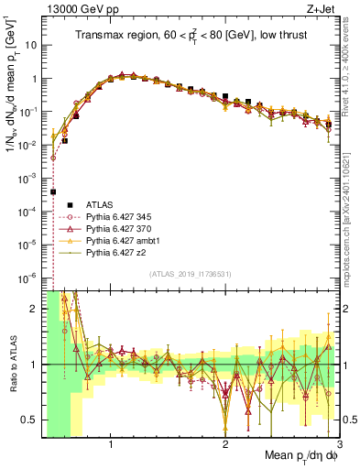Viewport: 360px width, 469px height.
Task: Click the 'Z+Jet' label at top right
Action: [325, 10]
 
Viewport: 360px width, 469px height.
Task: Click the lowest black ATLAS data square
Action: [53, 192]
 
